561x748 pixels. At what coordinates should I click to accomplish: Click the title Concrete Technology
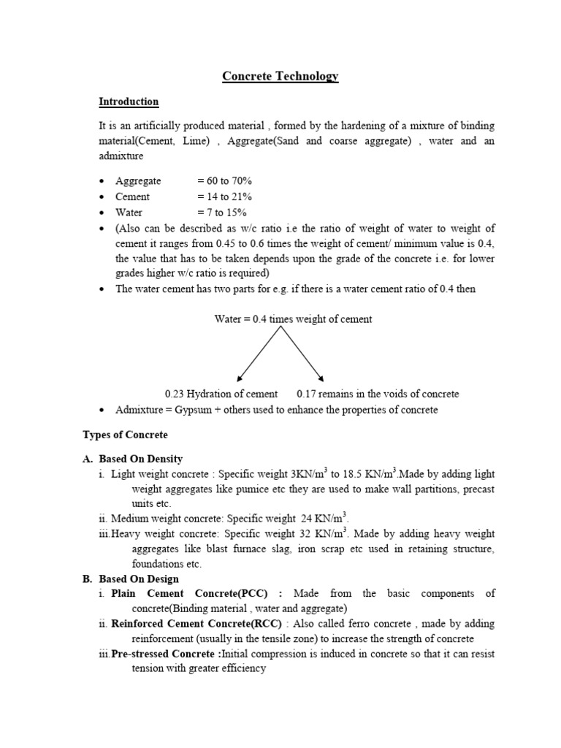coord(280,77)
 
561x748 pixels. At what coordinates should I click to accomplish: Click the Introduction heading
coord(129,102)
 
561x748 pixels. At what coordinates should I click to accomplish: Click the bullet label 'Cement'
coord(132,196)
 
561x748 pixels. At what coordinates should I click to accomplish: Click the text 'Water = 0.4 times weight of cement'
coord(293,319)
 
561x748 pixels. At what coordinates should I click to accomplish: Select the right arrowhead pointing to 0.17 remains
coord(321,377)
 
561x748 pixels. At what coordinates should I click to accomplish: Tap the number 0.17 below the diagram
coord(306,394)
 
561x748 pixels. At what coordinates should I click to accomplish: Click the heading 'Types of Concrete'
coord(125,435)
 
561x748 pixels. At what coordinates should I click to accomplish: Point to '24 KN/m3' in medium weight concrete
coord(327,519)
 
